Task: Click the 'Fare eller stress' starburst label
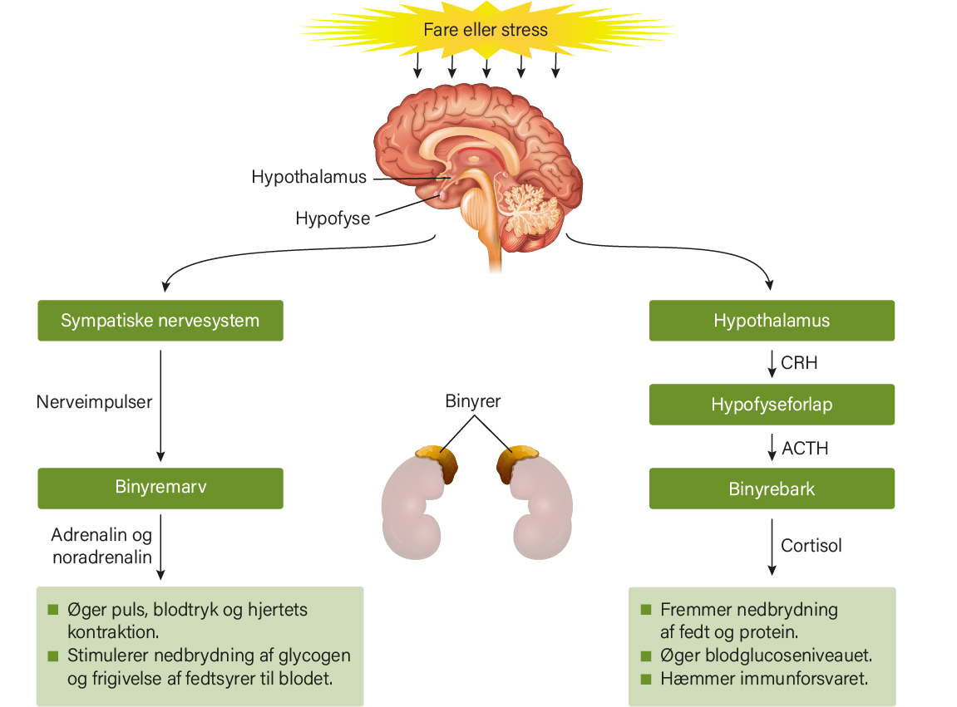[486, 29]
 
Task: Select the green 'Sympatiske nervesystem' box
[160, 320]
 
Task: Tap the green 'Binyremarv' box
[160, 488]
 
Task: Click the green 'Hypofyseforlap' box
[772, 405]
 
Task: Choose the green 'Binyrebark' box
[772, 489]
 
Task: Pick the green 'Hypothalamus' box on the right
[772, 320]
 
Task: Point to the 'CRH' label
[799, 363]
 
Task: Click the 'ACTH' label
[805, 449]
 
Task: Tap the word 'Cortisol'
[811, 545]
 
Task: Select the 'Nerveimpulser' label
[94, 402]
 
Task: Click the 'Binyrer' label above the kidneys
[473, 400]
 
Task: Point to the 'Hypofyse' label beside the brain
[333, 218]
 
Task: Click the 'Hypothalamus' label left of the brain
[308, 177]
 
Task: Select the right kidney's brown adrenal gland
[515, 461]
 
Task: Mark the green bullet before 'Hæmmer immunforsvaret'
[646, 679]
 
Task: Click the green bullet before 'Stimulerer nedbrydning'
[53, 655]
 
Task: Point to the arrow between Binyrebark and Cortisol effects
[772, 547]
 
